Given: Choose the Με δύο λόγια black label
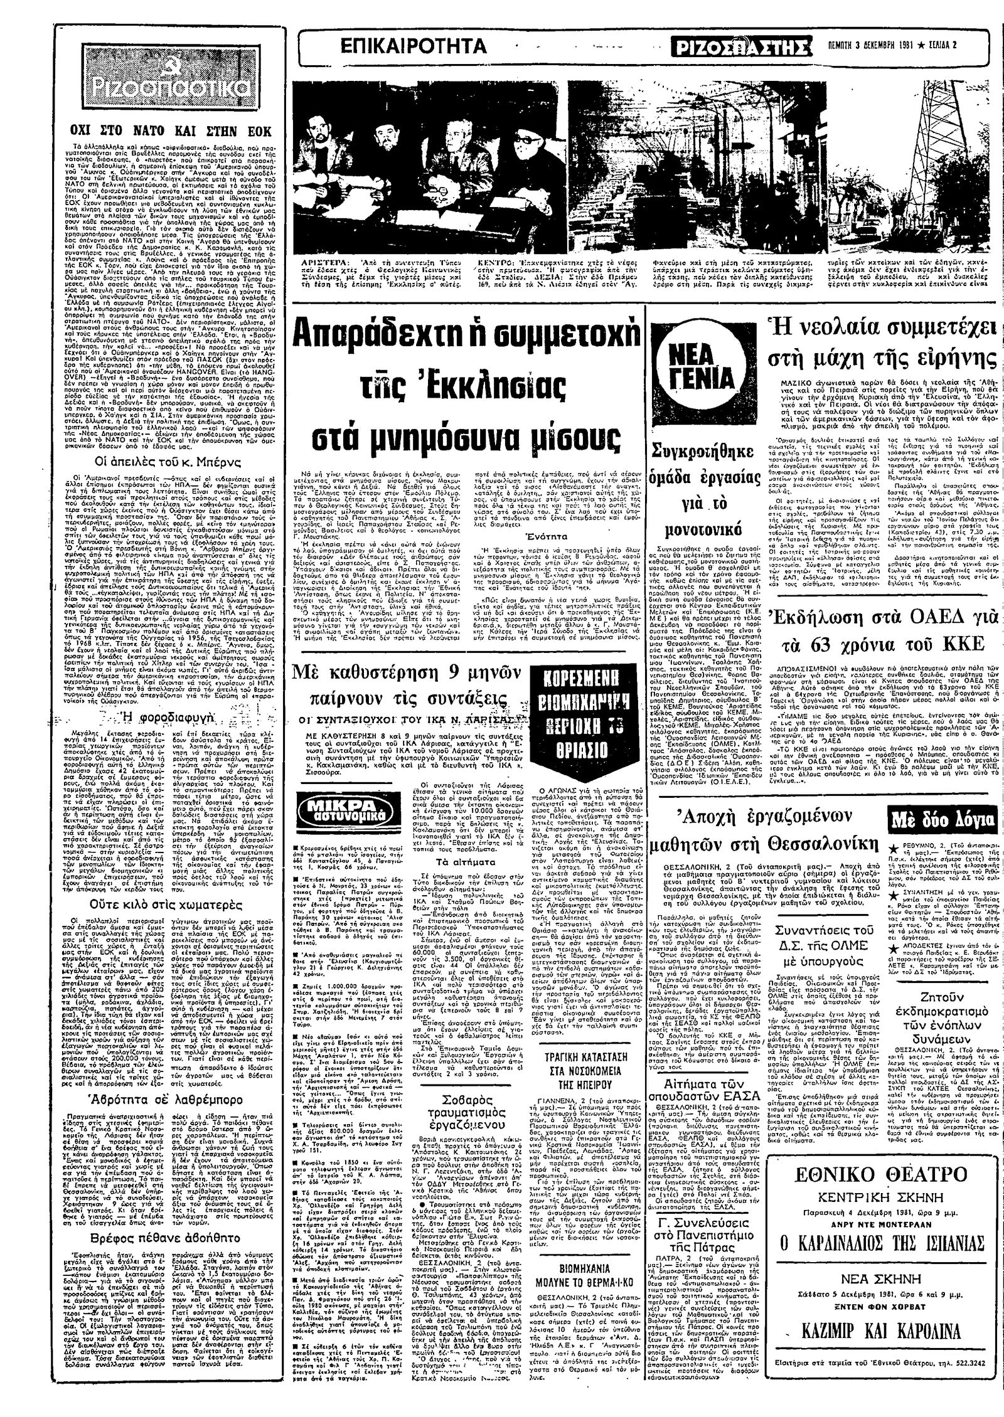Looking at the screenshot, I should (x=943, y=819).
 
